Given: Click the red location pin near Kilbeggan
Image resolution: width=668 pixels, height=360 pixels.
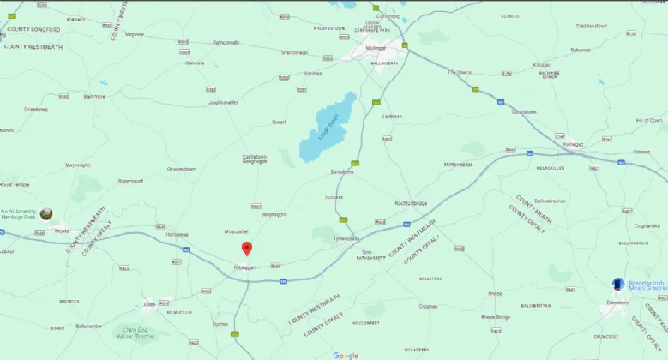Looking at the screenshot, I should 247,249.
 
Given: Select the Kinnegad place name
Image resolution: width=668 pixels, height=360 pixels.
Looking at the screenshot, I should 573,145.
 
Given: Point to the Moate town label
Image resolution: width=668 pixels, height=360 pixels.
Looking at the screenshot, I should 62,231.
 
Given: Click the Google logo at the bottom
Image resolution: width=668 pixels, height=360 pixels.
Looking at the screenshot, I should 346,355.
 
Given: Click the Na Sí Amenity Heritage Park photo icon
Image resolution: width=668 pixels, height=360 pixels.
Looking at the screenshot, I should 45,213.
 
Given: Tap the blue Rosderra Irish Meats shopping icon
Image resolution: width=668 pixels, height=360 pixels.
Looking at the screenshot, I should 617,284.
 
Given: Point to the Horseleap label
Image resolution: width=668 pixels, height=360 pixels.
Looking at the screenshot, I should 177,234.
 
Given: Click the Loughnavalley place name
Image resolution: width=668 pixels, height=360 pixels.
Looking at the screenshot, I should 222,102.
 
